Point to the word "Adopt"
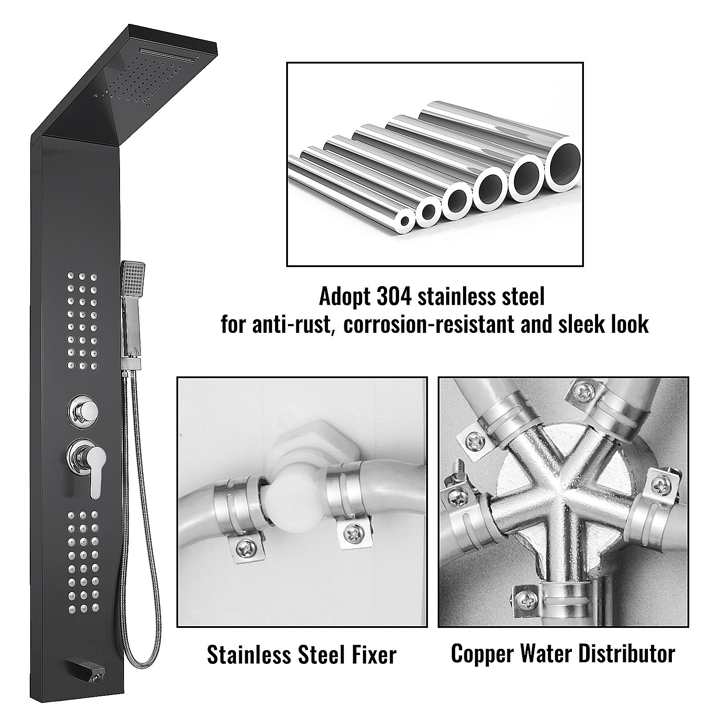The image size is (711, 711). coord(345,297)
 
